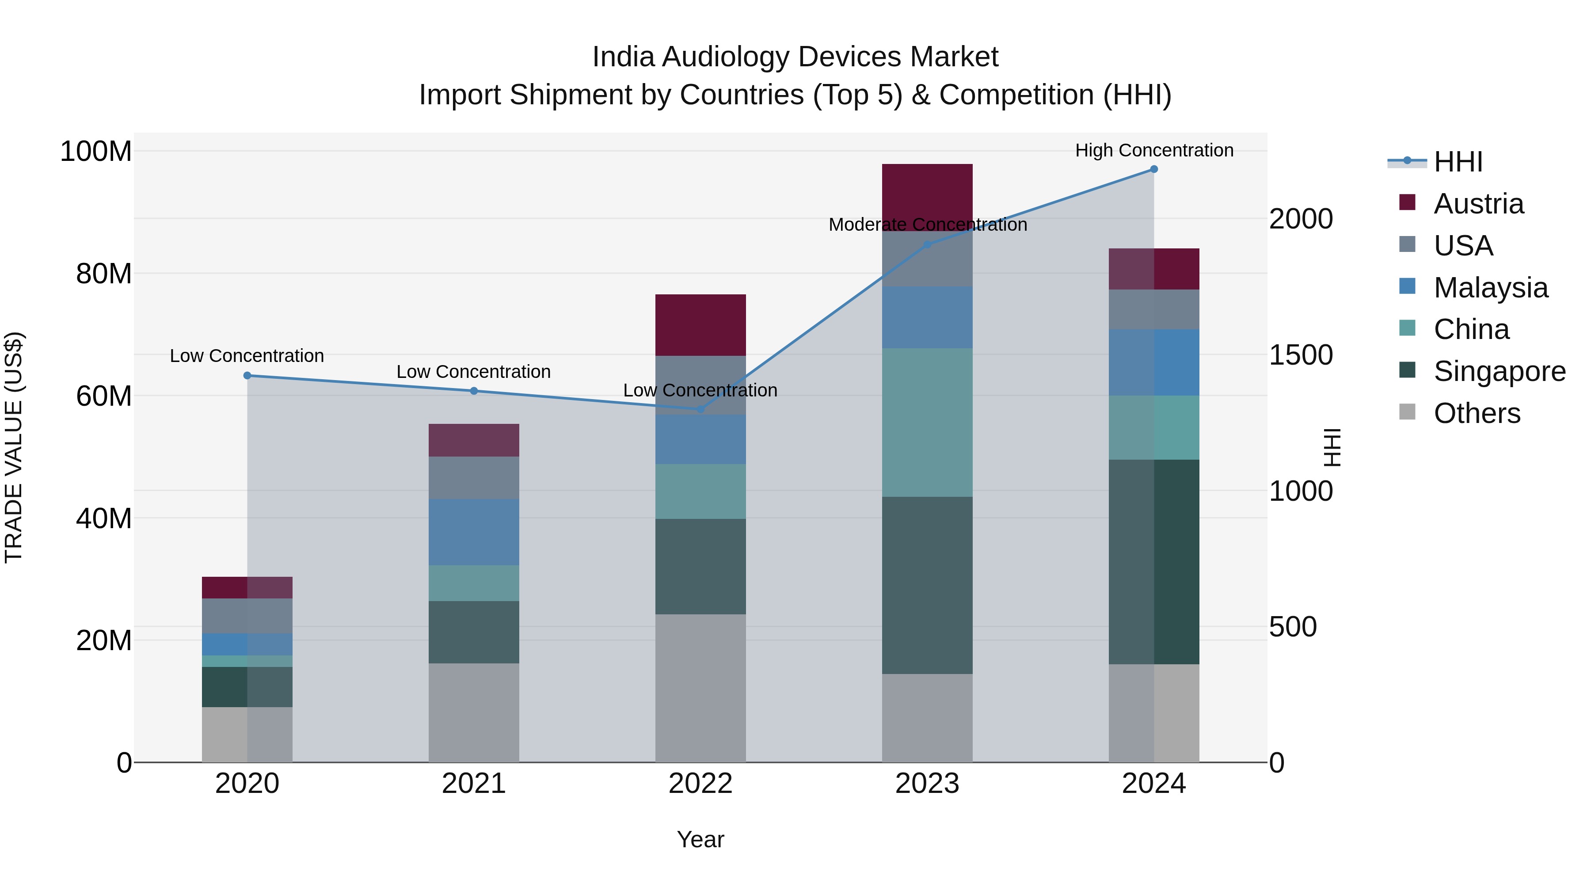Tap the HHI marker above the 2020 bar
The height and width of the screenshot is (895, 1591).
tap(247, 376)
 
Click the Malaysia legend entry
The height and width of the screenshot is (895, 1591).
tap(1490, 288)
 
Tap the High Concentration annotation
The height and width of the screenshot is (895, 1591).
tap(1154, 150)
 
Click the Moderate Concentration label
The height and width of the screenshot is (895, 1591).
tap(928, 225)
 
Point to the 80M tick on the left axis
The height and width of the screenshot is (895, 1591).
tap(104, 274)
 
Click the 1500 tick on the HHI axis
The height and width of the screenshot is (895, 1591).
tap(1301, 355)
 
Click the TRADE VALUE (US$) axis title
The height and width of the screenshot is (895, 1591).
tap(14, 447)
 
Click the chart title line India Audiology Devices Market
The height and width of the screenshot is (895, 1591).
tap(795, 57)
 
